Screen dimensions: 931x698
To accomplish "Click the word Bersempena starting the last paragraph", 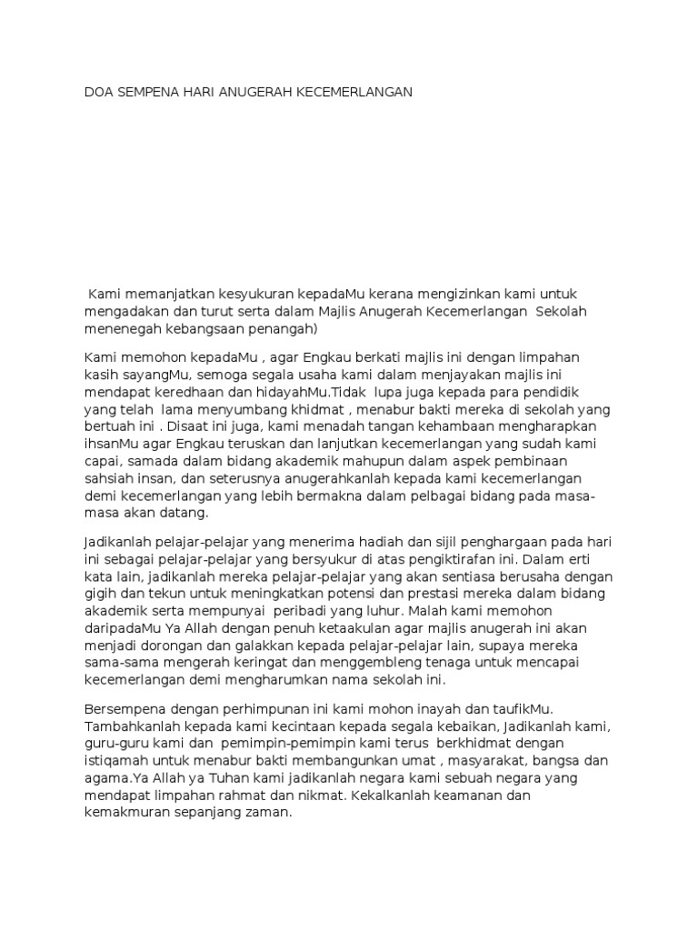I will [x=123, y=708].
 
